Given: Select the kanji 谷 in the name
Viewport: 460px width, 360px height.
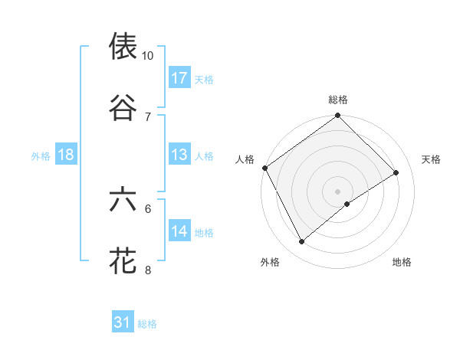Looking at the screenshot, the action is pyautogui.click(x=123, y=108).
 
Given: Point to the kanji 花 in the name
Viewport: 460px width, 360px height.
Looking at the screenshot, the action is pyautogui.click(x=123, y=260).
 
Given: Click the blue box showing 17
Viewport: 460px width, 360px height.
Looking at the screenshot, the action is pyautogui.click(x=179, y=78).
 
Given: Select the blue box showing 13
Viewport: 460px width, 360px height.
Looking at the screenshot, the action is pyautogui.click(x=179, y=155).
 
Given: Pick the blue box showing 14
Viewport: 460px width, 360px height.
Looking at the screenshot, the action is pyautogui.click(x=179, y=231).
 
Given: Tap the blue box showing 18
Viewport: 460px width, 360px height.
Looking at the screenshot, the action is pyautogui.click(x=66, y=155).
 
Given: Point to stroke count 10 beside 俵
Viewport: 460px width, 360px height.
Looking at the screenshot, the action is pyautogui.click(x=147, y=56).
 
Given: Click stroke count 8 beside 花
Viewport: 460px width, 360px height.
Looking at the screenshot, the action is pyautogui.click(x=147, y=270).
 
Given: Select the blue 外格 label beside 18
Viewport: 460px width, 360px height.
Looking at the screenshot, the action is pyautogui.click(x=41, y=155).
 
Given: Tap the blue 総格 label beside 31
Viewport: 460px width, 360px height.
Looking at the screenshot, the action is pyautogui.click(x=147, y=324).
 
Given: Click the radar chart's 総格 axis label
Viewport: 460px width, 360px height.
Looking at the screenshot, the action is pyautogui.click(x=338, y=100).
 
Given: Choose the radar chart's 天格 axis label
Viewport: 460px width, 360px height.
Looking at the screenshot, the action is pyautogui.click(x=432, y=159).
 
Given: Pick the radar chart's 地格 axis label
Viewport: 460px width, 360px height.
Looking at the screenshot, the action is pyautogui.click(x=402, y=262).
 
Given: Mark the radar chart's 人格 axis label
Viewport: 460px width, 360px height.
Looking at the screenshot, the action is pyautogui.click(x=245, y=159).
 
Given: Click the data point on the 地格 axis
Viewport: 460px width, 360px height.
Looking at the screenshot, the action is pyautogui.click(x=347, y=204).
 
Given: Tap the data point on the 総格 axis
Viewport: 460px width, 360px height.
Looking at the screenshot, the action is pyautogui.click(x=338, y=116).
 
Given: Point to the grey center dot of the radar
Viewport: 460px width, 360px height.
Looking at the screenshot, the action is pyautogui.click(x=338, y=191).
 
